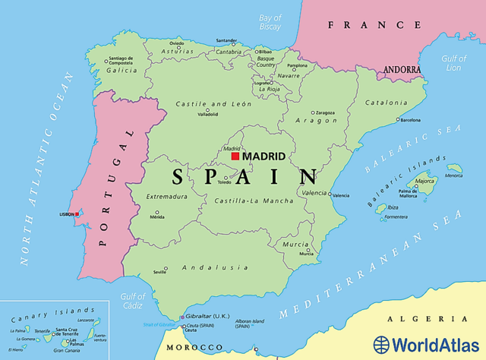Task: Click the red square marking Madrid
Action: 235,156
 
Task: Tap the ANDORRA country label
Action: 402,69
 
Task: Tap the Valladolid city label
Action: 208,115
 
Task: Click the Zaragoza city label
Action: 325,112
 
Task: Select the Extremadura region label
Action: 166,197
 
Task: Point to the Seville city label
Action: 160,271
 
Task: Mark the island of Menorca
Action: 454,169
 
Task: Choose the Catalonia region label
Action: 387,102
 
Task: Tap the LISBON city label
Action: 67,213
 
